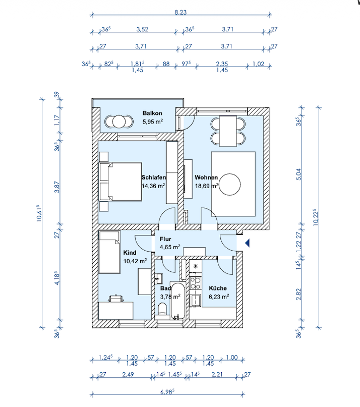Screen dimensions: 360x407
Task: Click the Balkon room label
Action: [152, 113]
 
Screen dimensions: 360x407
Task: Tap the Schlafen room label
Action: [154, 178]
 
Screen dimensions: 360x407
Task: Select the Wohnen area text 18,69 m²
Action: [207, 186]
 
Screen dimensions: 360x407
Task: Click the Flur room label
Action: [165, 239]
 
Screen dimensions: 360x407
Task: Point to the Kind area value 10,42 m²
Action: [135, 261]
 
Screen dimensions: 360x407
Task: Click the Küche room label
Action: [218, 288]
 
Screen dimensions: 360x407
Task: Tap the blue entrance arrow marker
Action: [248, 243]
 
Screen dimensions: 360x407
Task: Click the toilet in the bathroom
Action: [162, 309]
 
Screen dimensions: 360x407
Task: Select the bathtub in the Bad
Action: [178, 301]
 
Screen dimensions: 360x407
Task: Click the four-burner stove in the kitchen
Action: [196, 283]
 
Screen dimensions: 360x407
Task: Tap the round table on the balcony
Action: [119, 122]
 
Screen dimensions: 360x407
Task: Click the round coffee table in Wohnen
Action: [230, 184]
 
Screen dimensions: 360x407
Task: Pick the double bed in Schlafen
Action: [121, 182]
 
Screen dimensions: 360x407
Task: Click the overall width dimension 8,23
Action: [181, 12]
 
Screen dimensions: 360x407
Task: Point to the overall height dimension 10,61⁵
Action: [39, 213]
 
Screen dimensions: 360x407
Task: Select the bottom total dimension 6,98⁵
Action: [167, 392]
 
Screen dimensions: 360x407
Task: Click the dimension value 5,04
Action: [299, 175]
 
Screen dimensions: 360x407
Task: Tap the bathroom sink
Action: [159, 279]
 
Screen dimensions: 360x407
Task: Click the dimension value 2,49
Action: [128, 374]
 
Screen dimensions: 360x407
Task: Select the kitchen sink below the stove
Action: [195, 300]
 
